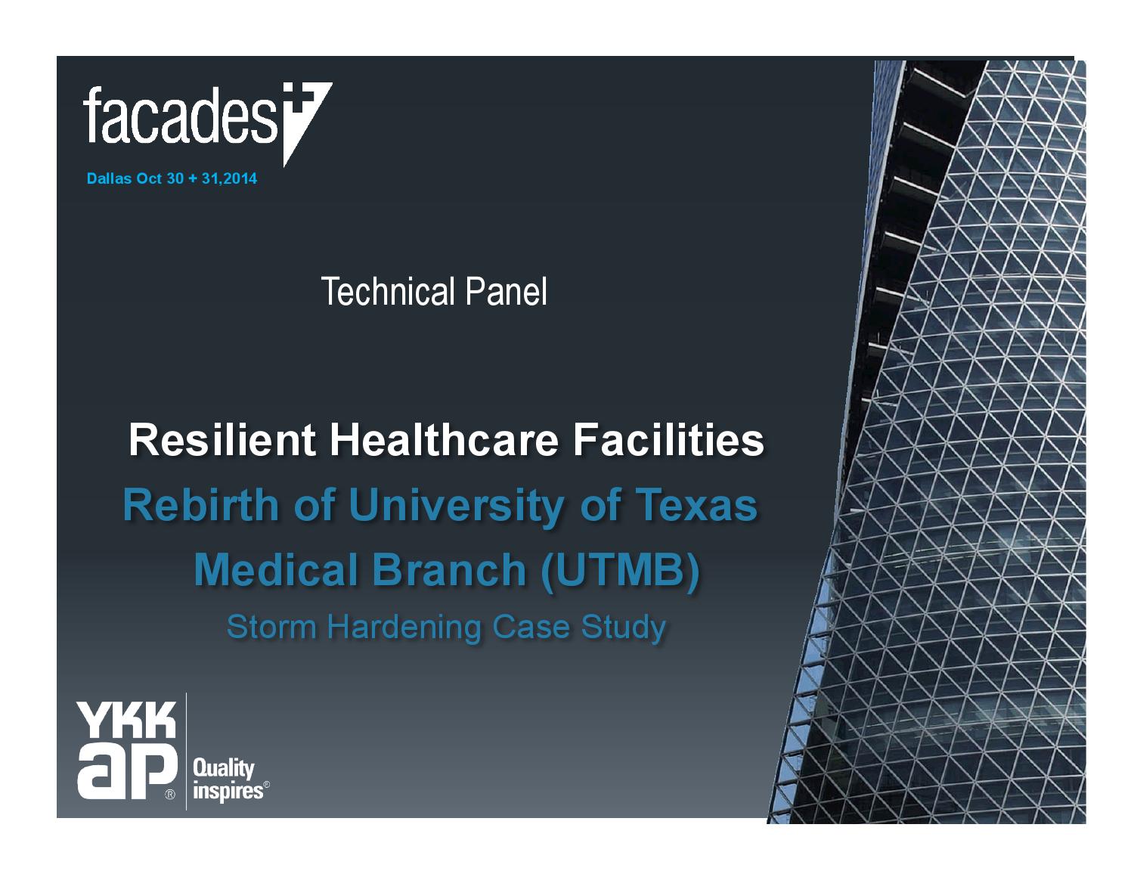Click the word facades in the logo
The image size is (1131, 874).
point(180,114)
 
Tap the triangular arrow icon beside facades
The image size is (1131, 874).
point(306,122)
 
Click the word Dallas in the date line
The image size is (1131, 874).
point(109,178)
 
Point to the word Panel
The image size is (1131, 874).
point(506,292)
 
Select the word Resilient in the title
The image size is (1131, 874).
point(222,440)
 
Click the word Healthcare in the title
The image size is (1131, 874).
point(445,440)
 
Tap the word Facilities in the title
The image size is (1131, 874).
point(669,440)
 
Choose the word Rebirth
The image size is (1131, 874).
point(201,504)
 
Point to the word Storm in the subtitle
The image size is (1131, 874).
point(271,627)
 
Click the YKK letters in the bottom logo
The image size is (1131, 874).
point(126,720)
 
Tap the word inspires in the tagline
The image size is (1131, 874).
point(228,792)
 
